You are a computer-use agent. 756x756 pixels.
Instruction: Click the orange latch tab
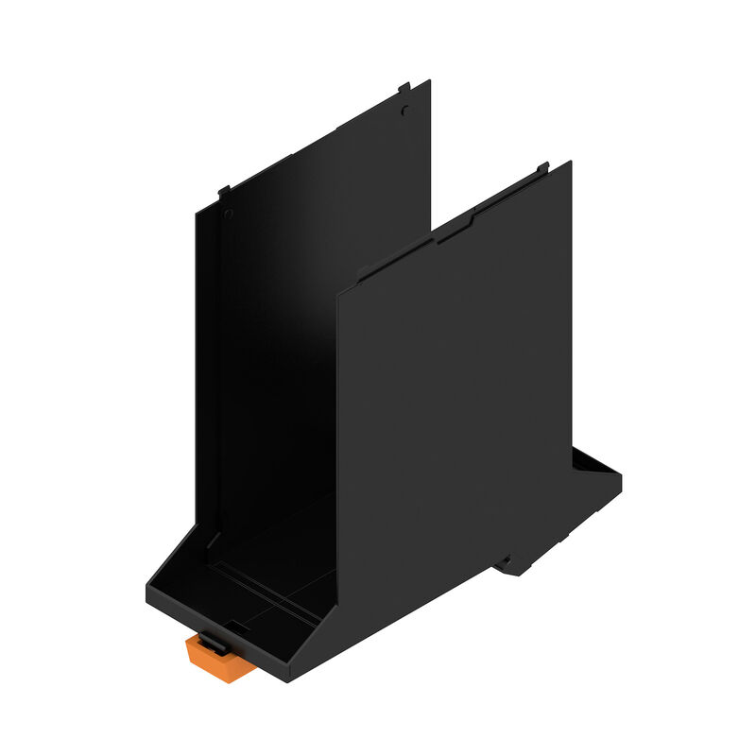pos(220,658)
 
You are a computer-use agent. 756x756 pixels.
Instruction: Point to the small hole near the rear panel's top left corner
pos(228,214)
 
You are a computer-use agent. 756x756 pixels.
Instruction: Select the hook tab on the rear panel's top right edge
pos(405,87)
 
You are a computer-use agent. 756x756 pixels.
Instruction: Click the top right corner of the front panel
pos(571,163)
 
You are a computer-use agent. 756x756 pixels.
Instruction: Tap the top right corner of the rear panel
pos(430,81)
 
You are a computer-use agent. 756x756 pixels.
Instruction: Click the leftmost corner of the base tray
pos(146,591)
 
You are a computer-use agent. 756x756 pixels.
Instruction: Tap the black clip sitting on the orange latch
pos(215,642)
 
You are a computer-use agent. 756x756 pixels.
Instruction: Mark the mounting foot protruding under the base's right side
pos(515,565)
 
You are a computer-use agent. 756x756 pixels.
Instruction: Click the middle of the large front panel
pos(454,416)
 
